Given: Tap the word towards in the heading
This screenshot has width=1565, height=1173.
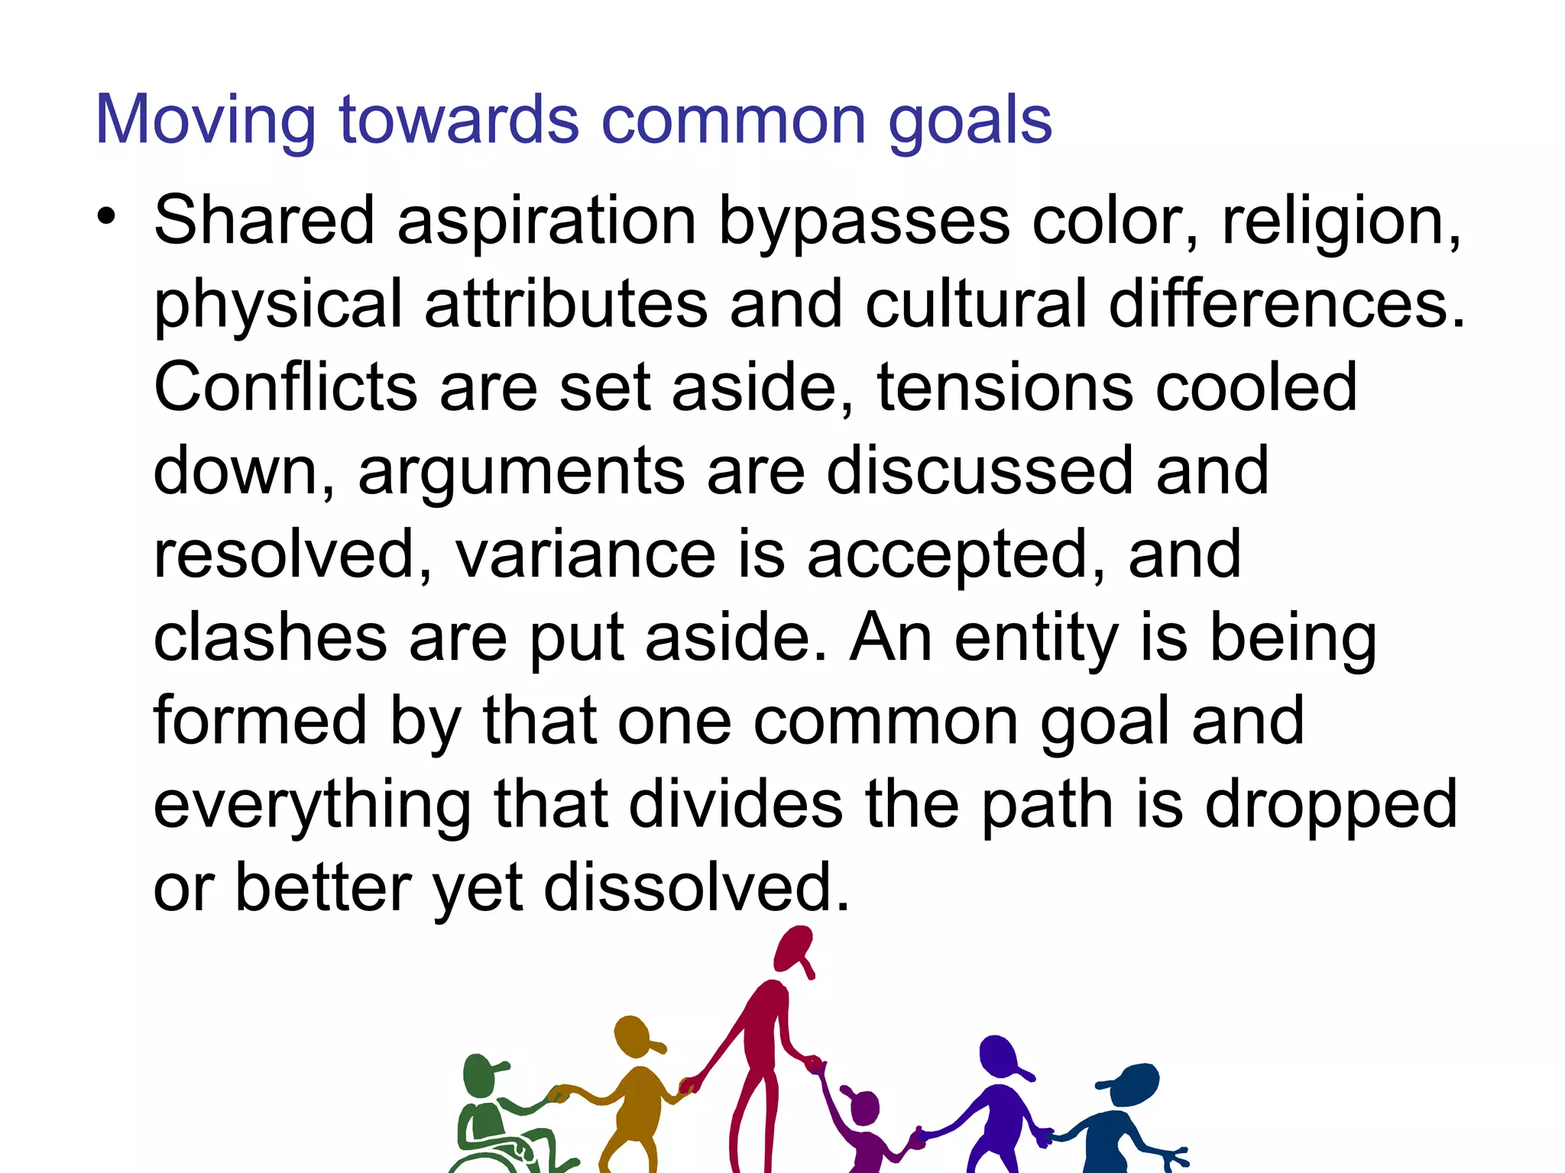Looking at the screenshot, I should (459, 121).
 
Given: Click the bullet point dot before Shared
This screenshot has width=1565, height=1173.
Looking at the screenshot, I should (107, 216).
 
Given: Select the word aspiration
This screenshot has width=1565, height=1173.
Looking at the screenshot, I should (546, 221).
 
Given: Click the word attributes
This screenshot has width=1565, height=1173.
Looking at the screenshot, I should (565, 305).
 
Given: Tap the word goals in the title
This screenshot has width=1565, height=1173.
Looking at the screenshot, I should (970, 121).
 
